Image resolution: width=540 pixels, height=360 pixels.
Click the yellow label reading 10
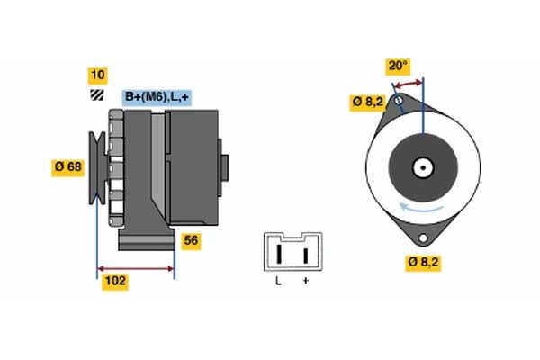96,75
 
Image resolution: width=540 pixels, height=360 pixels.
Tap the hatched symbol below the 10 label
96,95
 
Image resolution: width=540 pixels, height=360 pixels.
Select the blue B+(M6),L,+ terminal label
157,97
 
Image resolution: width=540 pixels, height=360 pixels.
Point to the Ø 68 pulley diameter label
69,166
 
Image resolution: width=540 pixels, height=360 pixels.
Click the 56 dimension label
191,241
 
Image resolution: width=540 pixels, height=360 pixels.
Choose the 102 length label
114,282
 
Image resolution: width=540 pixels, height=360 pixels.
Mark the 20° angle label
398,66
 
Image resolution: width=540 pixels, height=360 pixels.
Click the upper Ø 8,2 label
369,103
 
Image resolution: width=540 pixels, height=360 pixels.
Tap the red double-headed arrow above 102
136,268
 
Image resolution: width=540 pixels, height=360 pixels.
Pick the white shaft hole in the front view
422,167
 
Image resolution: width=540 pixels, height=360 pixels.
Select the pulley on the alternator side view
96,166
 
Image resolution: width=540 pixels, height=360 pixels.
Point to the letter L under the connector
278,282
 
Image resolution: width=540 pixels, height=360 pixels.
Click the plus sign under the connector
305,282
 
